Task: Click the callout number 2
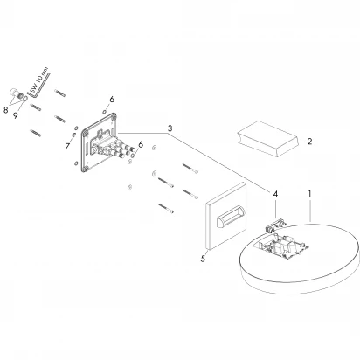tap(309, 140)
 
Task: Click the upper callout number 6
tap(112, 99)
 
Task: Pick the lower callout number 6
tap(142, 145)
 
